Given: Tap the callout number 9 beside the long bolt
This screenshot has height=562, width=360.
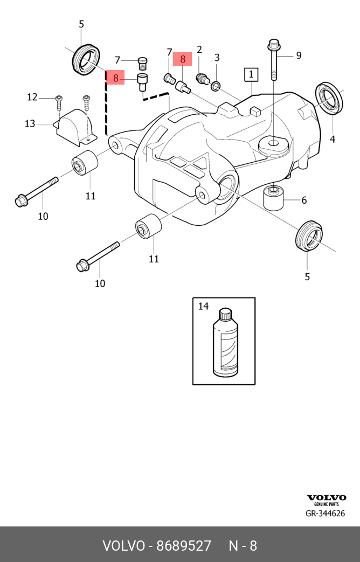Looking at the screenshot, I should [x=298, y=55].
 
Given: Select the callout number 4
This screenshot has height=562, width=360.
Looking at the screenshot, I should [x=333, y=139].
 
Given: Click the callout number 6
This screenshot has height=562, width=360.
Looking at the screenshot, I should [x=304, y=200].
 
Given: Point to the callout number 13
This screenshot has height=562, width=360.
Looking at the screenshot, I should [x=30, y=124].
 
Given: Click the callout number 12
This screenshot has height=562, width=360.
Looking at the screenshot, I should [x=32, y=97].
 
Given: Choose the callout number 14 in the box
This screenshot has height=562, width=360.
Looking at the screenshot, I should [x=203, y=307].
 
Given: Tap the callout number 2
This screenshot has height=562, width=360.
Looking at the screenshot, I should [x=199, y=50].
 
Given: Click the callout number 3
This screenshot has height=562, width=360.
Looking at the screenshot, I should [x=217, y=58].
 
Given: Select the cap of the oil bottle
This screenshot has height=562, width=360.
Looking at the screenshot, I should [x=224, y=313].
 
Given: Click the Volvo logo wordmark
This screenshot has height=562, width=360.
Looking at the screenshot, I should [x=327, y=497].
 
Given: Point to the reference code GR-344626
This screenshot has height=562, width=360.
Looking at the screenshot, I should [x=325, y=514].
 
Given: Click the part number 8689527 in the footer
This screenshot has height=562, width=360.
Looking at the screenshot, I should [x=184, y=545].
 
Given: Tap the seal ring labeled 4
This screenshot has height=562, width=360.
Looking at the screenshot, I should [x=329, y=98].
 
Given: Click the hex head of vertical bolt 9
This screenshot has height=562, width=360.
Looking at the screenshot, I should [x=273, y=44].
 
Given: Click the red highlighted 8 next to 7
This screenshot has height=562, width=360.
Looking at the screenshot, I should [x=183, y=59].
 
